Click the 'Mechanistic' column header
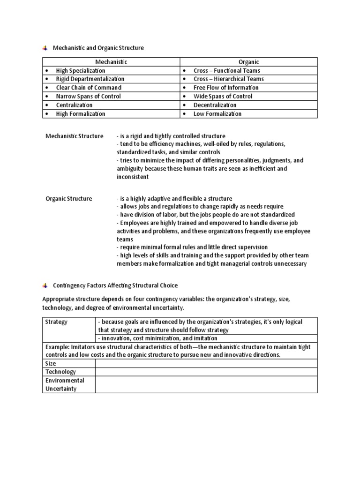111,62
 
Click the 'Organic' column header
249,62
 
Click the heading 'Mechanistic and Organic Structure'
98,48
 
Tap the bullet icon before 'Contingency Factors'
45,285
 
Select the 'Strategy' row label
56,322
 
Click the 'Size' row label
51,363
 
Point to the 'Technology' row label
60,372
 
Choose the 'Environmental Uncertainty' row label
65,384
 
